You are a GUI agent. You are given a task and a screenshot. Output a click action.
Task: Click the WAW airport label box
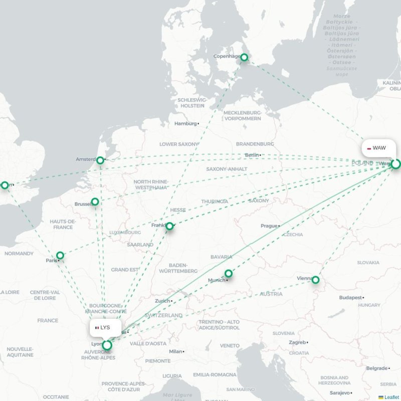point(376,148)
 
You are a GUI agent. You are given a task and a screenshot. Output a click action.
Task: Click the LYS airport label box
point(105,327)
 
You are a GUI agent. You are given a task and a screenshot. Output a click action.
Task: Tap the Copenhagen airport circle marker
point(244,58)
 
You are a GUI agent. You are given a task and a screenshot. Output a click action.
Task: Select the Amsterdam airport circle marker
point(100,160)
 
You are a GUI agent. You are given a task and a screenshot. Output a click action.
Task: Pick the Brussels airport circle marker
point(95,202)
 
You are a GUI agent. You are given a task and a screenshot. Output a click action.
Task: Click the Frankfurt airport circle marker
point(169,227)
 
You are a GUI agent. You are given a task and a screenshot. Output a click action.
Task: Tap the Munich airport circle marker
point(229,274)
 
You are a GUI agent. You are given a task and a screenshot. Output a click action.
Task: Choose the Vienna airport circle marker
point(316,280)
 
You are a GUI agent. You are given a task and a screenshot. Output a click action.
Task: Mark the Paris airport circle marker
point(60,256)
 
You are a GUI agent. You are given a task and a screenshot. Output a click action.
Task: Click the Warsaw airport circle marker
point(396,164)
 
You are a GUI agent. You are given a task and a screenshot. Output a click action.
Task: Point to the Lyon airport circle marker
point(107,345)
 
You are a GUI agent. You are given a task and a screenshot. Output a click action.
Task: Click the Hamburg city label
point(185,123)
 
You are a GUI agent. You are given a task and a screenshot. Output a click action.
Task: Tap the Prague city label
point(269,226)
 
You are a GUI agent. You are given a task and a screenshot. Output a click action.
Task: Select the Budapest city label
point(350,297)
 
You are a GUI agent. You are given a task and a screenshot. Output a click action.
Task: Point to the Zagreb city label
point(297,342)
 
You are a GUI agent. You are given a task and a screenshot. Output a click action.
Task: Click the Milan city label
point(175,351)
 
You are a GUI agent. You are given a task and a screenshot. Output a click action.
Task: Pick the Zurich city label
point(162,301)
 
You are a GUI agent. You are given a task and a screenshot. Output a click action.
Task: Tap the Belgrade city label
point(376,368)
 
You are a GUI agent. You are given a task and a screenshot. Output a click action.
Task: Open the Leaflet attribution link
point(391,397)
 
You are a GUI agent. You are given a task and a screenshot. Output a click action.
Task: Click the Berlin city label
point(252,155)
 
